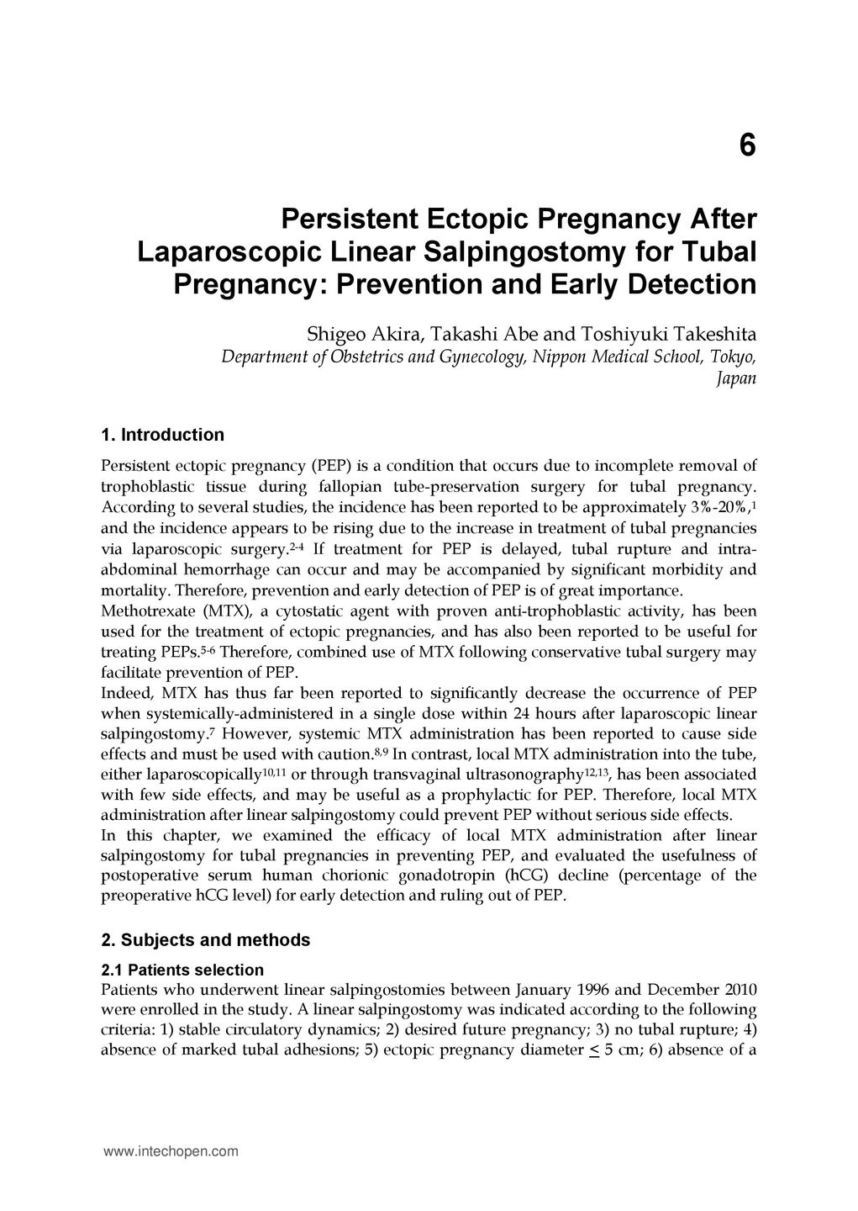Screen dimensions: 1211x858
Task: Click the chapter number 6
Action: tap(747, 146)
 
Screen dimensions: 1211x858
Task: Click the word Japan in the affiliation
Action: tap(736, 378)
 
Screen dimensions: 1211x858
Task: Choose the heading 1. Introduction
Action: tap(162, 435)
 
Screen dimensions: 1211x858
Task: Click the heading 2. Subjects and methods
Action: tap(205, 939)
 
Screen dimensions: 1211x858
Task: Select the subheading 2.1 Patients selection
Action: tap(182, 969)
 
